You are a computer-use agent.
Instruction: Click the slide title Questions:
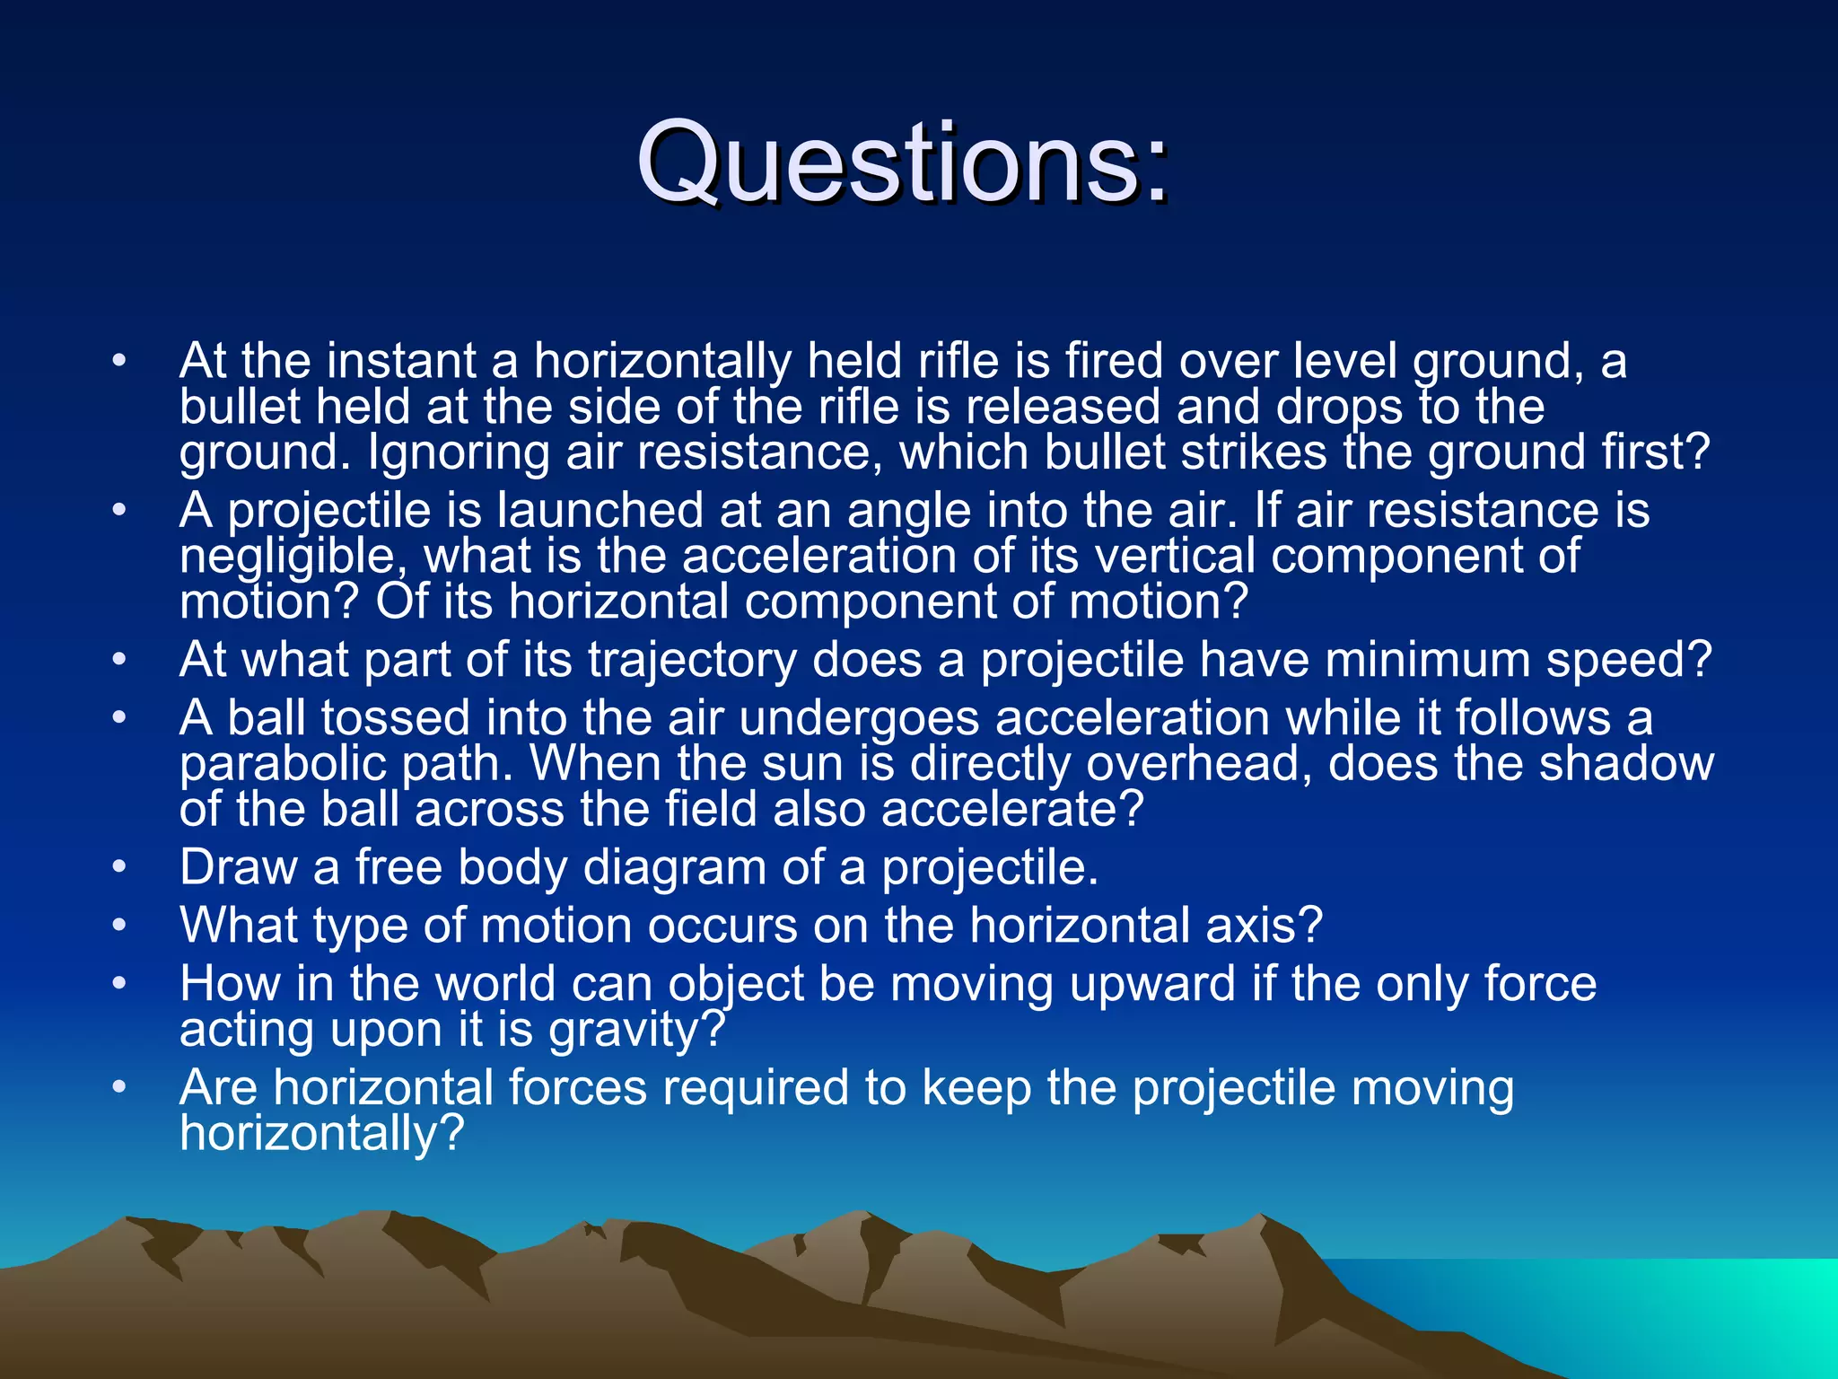tap(903, 162)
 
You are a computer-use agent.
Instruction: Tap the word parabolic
tap(281, 765)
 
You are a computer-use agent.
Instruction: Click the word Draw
tap(238, 868)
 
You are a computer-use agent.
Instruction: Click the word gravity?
tap(636, 1030)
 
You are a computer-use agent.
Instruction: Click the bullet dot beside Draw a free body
tap(119, 868)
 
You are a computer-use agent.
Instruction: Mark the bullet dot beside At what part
tap(119, 661)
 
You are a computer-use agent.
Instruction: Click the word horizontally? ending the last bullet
tap(322, 1134)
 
